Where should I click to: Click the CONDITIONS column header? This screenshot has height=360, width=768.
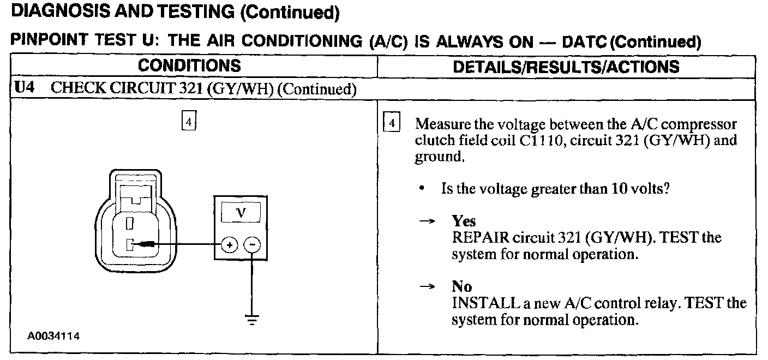point(189,67)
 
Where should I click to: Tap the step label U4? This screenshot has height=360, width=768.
point(22,88)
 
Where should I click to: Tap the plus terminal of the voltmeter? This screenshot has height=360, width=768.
point(230,245)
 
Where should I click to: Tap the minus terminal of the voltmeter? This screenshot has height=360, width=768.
point(251,245)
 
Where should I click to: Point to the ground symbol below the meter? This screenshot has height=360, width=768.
point(251,320)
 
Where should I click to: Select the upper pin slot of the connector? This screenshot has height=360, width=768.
point(130,223)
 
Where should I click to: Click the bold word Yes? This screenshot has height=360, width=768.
point(464,221)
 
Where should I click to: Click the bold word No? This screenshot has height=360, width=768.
point(461,286)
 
